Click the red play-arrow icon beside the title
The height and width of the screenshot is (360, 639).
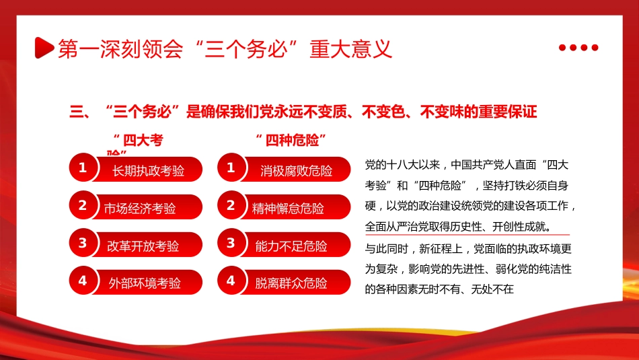click(44, 48)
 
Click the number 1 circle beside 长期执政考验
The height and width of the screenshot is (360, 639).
click(83, 168)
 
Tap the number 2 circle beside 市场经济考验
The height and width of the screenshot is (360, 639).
click(83, 205)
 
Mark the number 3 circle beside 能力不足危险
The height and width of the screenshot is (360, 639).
click(231, 243)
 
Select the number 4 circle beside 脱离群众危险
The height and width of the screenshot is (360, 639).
click(231, 280)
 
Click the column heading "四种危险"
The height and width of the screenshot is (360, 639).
click(291, 140)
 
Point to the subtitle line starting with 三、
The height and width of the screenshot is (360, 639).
click(303, 112)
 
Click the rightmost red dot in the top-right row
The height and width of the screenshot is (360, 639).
click(595, 47)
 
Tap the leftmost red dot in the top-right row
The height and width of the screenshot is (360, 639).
click(562, 47)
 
